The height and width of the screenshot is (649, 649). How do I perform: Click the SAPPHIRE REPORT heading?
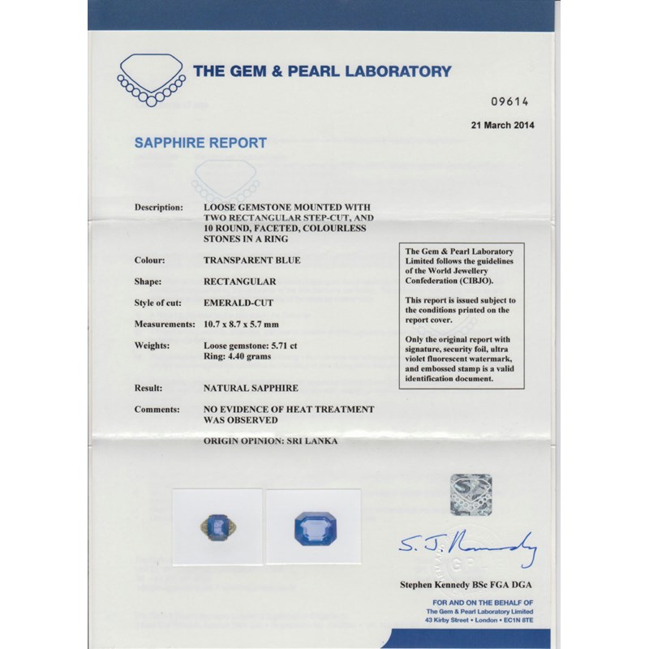(x=200, y=143)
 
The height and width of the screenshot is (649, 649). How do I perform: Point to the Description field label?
(x=158, y=208)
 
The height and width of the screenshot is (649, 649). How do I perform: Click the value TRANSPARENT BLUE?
(x=251, y=260)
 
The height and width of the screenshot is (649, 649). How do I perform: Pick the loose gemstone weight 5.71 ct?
(x=252, y=346)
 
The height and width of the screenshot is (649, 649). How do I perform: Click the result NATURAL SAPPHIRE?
(x=250, y=389)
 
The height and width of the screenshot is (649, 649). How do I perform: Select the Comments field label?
(x=156, y=410)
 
